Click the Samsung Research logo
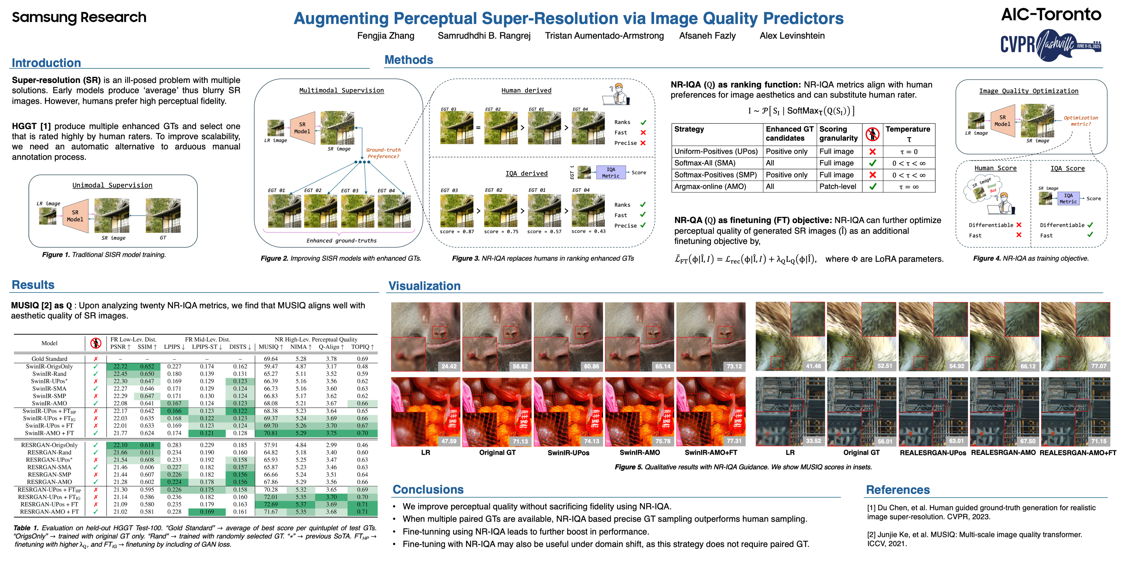coord(79,17)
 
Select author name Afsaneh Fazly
coord(707,36)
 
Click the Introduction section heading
coord(46,63)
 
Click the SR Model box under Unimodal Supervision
coord(75,216)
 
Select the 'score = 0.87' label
coord(457,231)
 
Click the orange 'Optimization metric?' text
coord(1081,121)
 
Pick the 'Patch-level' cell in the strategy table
coord(838,186)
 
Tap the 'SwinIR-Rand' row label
coord(49,374)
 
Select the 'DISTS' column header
coord(240,347)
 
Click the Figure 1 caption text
coord(104,255)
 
